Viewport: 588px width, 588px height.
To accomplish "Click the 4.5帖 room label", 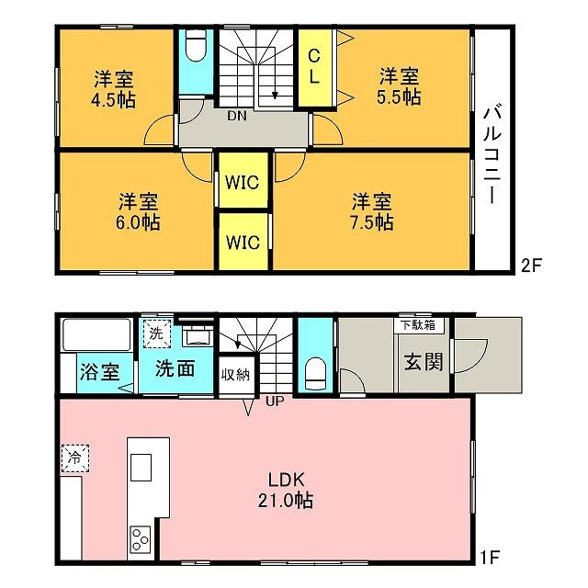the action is click(x=113, y=89).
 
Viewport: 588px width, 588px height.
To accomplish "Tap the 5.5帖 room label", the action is click(x=399, y=86).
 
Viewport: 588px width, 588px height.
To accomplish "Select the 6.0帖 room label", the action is click(x=138, y=212).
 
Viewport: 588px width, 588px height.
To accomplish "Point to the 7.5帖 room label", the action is click(x=371, y=212).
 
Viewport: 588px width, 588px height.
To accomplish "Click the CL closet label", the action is click(x=314, y=67).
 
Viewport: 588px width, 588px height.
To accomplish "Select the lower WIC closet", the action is click(x=243, y=242).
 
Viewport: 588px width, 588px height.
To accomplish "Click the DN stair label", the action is click(x=237, y=116).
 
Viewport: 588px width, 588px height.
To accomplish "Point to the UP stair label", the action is click(x=275, y=401).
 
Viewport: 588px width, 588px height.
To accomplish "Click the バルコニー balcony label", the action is click(x=492, y=155).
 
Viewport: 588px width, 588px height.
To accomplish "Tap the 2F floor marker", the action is click(x=531, y=266).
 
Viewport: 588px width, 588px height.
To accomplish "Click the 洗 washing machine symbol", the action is click(x=156, y=334).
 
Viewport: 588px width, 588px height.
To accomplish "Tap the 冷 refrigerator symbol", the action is click(x=75, y=458).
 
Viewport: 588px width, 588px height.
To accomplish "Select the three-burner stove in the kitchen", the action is click(x=141, y=539).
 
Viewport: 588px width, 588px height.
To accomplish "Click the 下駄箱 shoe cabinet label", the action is click(x=418, y=324).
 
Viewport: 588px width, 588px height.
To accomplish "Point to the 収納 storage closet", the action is click(x=236, y=375).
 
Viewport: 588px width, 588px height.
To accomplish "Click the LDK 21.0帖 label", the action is click(x=286, y=490).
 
